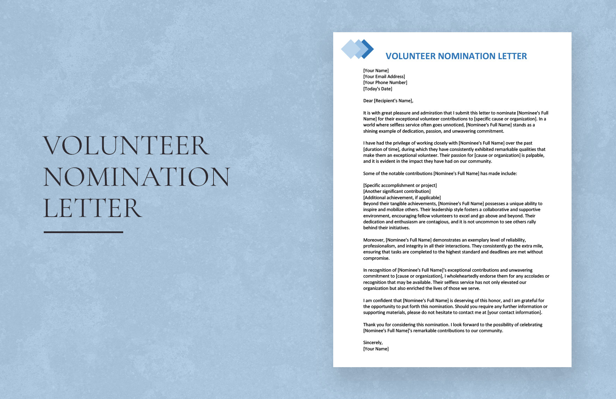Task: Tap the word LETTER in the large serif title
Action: [92, 208]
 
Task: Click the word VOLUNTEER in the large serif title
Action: [126, 146]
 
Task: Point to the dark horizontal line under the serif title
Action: [83, 232]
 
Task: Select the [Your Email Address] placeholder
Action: [384, 77]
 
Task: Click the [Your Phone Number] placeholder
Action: [385, 83]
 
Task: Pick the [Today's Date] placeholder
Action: [378, 89]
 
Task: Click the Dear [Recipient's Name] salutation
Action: [388, 101]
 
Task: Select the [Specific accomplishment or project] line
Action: [400, 185]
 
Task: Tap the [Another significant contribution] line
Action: [397, 191]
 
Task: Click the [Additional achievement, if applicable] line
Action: [402, 198]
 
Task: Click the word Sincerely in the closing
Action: [372, 343]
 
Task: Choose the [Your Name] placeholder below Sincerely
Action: [376, 349]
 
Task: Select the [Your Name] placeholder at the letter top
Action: [376, 71]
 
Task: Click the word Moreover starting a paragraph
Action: [373, 240]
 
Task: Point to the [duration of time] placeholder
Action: [381, 149]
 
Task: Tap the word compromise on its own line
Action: [376, 258]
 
